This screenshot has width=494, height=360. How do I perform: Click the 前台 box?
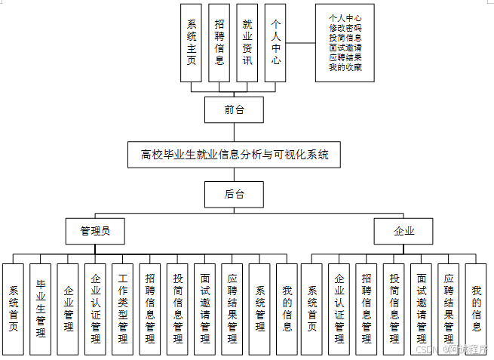pyautogui.click(x=235, y=110)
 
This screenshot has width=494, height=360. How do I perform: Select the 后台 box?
pyautogui.click(x=235, y=194)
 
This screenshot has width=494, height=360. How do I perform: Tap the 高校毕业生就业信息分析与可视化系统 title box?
pyautogui.click(x=235, y=155)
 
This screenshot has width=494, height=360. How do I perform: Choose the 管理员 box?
pyautogui.click(x=95, y=231)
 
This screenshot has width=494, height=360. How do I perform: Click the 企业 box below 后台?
pyautogui.click(x=404, y=231)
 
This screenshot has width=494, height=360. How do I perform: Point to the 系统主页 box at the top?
pyautogui.click(x=192, y=43)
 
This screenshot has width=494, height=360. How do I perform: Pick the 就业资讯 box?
pyautogui.click(x=247, y=43)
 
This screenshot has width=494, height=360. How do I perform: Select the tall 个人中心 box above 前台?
pyautogui.click(x=275, y=43)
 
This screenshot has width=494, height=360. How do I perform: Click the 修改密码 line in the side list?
pyautogui.click(x=345, y=28)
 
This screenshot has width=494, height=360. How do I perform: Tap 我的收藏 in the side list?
pyautogui.click(x=345, y=67)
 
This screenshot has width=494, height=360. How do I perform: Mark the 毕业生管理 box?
pyautogui.click(x=41, y=308)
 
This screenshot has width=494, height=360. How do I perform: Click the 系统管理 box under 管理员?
pyautogui.click(x=259, y=308)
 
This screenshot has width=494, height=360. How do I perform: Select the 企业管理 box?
pyautogui.click(x=68, y=308)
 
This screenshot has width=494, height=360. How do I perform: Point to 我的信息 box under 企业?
pyautogui.click(x=475, y=308)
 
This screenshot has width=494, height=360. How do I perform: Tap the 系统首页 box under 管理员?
pyautogui.click(x=14, y=308)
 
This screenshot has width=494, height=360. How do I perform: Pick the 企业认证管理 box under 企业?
pyautogui.click(x=339, y=308)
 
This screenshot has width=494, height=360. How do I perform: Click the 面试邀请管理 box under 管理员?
pyautogui.click(x=204, y=308)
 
